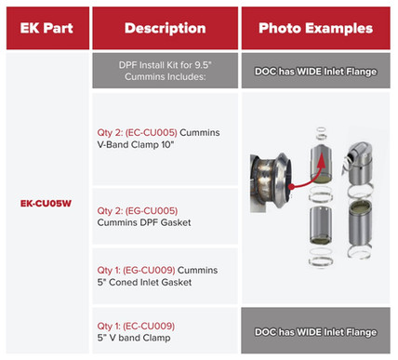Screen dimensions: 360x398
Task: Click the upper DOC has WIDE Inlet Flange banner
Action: (315, 71)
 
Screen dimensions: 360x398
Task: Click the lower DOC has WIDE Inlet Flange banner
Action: (315, 331)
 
